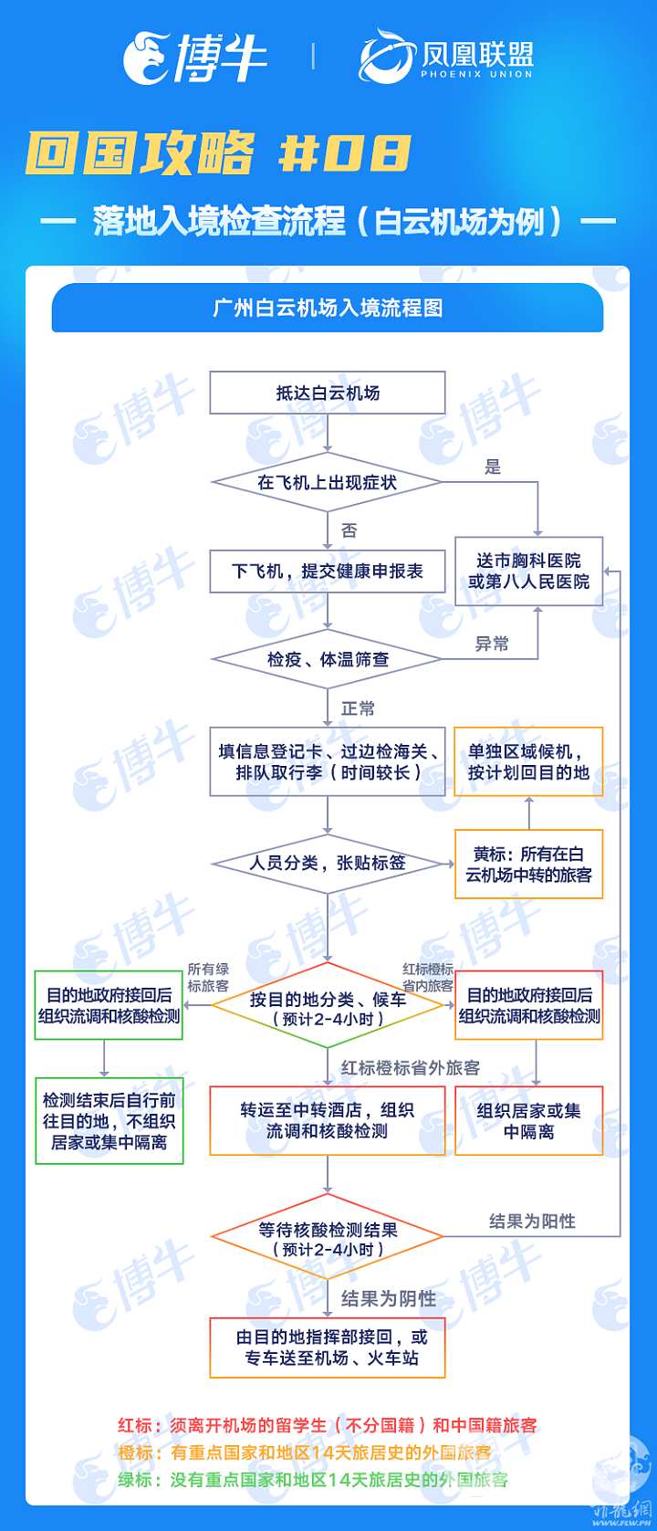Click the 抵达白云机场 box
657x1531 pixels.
point(328,393)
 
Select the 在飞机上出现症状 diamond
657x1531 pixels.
point(328,482)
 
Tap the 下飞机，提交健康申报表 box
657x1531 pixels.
point(328,572)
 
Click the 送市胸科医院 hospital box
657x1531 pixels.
point(529,572)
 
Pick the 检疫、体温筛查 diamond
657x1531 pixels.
point(328,659)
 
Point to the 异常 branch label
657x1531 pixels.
point(492,644)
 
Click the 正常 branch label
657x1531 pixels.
point(358,708)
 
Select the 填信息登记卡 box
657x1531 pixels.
point(328,761)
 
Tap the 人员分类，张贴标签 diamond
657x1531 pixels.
point(328,864)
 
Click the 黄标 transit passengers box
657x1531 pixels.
point(529,864)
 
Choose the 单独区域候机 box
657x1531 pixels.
point(529,761)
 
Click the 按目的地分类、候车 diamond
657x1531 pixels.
point(328,1005)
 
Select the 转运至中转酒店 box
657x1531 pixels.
point(328,1121)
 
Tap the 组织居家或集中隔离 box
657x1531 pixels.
point(529,1121)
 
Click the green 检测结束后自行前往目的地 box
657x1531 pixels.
point(109,1121)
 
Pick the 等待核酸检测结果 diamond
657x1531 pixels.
point(328,1236)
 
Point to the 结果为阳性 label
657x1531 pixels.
point(532,1222)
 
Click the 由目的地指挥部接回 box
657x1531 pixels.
point(328,1347)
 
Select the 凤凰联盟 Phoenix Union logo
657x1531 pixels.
point(446,56)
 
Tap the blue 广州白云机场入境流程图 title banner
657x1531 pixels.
point(328,308)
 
